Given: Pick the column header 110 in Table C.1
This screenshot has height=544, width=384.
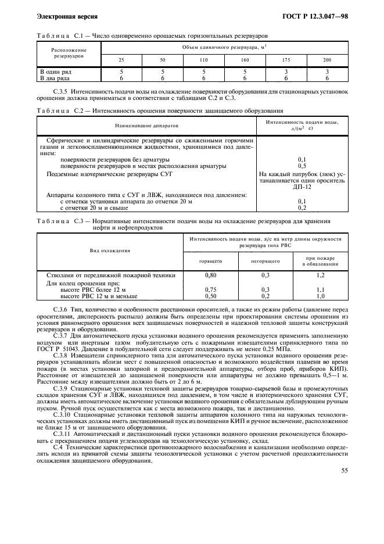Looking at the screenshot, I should (x=204, y=60).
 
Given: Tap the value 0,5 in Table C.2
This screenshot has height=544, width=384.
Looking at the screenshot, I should (x=302, y=166).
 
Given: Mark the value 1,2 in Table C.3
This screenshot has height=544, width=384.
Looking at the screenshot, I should (x=320, y=275).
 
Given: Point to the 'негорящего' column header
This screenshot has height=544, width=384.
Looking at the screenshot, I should (x=267, y=262).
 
